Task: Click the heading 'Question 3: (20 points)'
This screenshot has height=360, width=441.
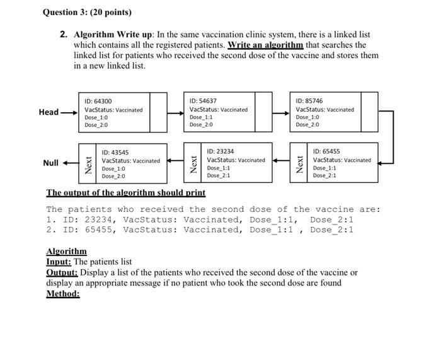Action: pos(87,12)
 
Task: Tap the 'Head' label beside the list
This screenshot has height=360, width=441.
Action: pos(49,112)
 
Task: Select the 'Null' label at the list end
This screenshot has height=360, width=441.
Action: pos(51,163)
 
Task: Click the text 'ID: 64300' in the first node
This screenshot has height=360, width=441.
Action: pos(98,101)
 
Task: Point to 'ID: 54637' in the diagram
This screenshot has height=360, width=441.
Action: pos(203,101)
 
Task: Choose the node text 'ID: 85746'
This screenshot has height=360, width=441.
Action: pos(309,101)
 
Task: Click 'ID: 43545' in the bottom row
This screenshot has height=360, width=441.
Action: pos(115,152)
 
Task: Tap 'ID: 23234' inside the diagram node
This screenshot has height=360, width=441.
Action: pos(220,152)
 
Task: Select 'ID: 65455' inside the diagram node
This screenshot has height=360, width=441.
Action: pos(326,152)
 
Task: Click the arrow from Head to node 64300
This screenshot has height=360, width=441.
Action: pos(69,113)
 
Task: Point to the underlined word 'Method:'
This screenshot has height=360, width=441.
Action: pos(63,293)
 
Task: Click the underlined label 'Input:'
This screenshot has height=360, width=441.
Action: pos(59,262)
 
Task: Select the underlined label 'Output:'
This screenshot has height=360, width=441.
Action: pos(62,272)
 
